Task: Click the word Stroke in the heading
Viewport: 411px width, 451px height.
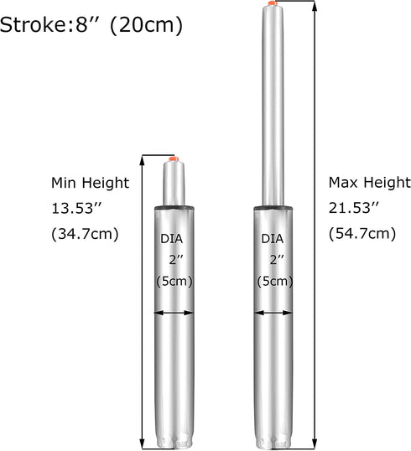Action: [x=33, y=24]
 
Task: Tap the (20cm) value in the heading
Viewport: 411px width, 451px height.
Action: [x=147, y=25]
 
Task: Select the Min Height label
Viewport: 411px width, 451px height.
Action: [x=90, y=184]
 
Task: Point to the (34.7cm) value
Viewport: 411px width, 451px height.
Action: [x=85, y=234]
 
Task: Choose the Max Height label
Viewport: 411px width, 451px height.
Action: [x=370, y=183]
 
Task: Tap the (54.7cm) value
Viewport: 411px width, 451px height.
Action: [x=362, y=234]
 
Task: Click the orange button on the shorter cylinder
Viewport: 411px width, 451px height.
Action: [x=174, y=158]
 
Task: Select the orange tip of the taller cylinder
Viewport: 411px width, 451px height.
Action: [x=273, y=3]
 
